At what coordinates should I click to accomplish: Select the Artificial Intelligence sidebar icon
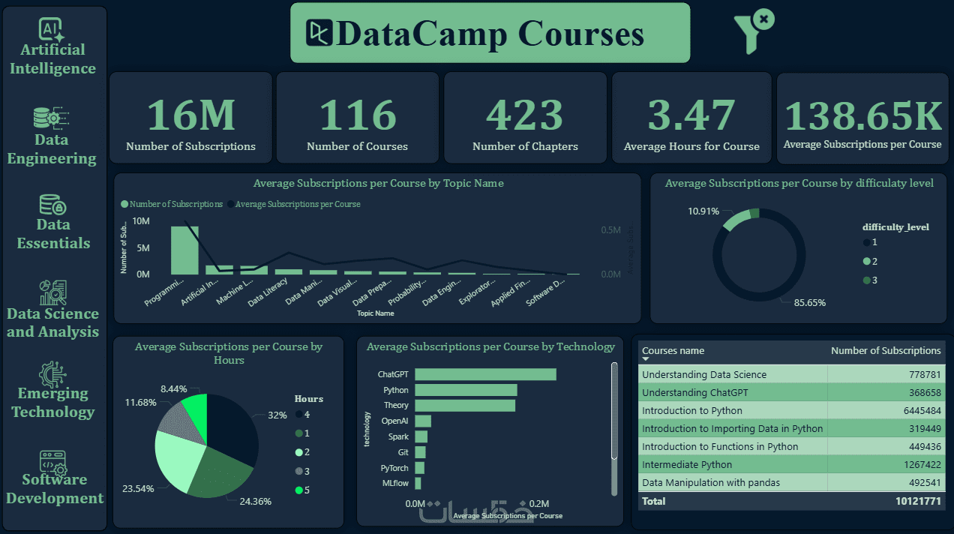[x=52, y=28]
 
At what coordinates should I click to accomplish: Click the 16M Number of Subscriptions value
[x=190, y=115]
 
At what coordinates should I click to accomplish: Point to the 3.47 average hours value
[x=691, y=115]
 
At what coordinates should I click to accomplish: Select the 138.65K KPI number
[x=862, y=115]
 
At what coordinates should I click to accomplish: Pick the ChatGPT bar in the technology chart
[x=485, y=374]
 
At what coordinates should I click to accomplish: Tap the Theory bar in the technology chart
[x=465, y=405]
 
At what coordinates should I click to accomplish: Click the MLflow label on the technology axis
[x=395, y=484]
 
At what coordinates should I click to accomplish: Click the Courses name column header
[x=673, y=350]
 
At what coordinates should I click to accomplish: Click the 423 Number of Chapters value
[x=524, y=115]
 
